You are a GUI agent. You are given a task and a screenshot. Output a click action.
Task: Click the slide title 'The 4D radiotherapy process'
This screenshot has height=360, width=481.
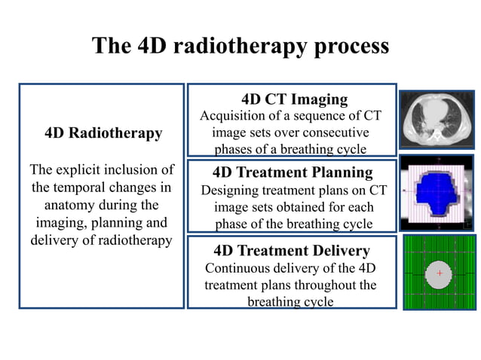[240, 46]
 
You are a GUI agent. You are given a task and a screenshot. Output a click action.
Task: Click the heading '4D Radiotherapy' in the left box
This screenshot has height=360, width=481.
[103, 133]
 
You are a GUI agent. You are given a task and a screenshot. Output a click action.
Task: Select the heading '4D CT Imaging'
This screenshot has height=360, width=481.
[294, 99]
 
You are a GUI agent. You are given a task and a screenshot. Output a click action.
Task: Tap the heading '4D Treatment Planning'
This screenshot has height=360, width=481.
[293, 172]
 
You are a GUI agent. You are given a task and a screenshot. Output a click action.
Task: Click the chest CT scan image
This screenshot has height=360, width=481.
[437, 120]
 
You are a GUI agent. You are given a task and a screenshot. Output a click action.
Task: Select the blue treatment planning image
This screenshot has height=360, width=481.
[437, 193]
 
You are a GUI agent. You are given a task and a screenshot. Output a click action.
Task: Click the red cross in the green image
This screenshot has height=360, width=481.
[440, 273]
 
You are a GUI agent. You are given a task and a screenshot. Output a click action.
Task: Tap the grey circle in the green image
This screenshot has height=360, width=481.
[440, 279]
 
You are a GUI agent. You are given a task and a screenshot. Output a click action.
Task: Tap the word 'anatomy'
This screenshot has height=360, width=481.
[71, 205]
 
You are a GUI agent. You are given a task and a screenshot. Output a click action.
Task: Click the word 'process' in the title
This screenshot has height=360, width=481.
[348, 46]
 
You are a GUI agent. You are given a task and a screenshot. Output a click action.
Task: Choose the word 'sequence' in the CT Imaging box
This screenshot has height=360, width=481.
[314, 116]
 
